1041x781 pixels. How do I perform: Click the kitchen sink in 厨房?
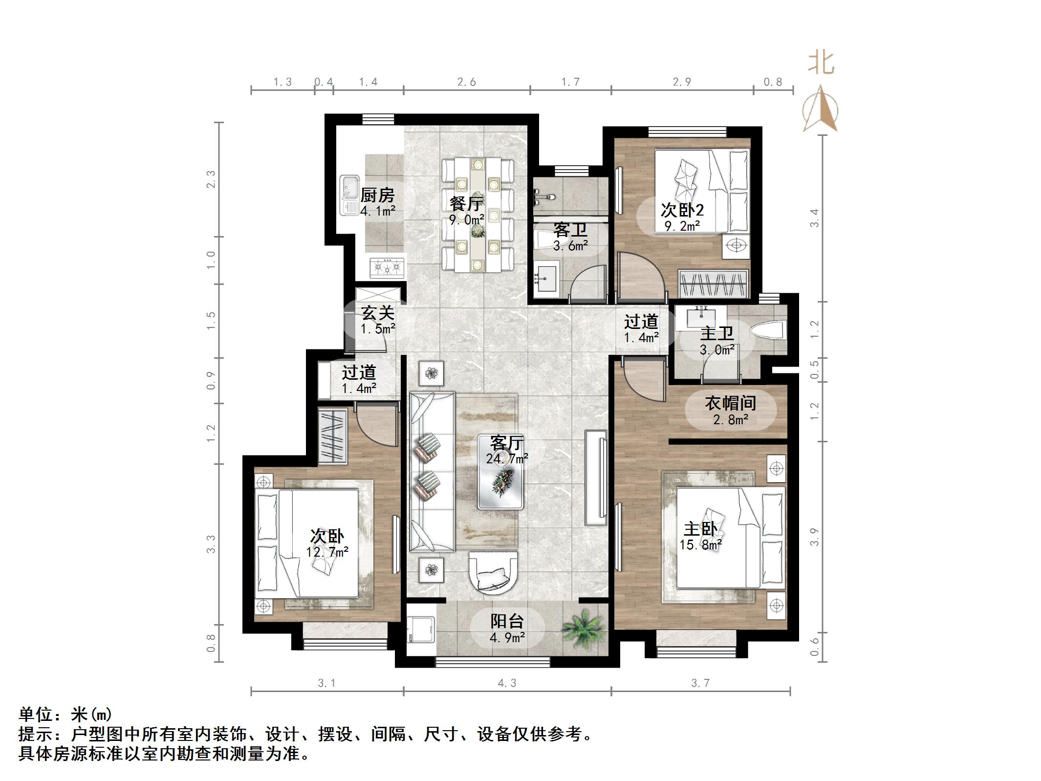click(x=350, y=195)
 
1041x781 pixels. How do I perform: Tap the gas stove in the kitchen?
click(x=388, y=267)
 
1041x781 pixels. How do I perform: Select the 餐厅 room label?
click(x=467, y=203)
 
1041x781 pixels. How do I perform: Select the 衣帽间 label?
click(x=730, y=403)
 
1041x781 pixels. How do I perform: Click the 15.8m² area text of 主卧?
click(x=700, y=544)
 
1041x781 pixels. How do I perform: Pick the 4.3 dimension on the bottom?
click(x=507, y=683)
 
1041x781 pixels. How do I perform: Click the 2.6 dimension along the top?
click(x=466, y=82)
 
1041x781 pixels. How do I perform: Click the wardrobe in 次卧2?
click(x=714, y=283)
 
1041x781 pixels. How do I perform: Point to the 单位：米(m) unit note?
click(x=65, y=715)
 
